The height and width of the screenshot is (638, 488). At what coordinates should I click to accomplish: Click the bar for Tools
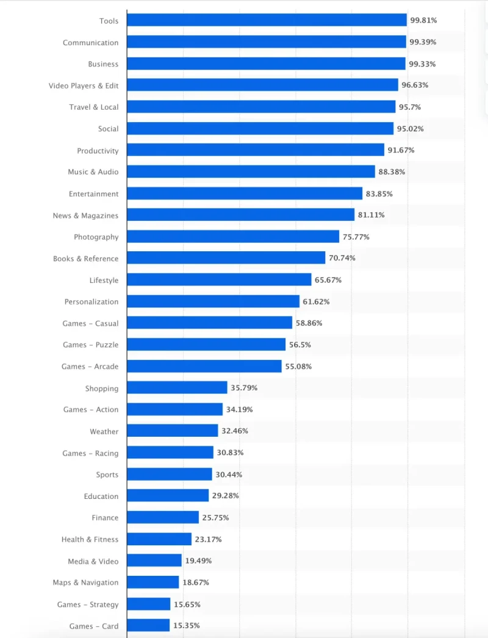point(267,21)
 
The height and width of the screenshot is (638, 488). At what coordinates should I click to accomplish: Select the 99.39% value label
point(423,42)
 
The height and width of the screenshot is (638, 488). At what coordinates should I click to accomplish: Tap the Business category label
point(103,64)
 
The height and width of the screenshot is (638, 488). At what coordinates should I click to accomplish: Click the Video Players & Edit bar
point(262,85)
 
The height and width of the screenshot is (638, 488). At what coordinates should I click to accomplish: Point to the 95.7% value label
point(410,107)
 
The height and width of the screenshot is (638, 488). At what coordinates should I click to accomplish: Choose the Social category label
point(109,129)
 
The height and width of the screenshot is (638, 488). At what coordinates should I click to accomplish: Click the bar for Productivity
point(256,150)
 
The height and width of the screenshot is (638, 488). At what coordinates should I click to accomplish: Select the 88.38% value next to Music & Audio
point(392,172)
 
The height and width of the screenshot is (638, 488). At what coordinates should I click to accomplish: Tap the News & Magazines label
point(85,215)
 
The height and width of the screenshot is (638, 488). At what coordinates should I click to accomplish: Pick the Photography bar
point(233,237)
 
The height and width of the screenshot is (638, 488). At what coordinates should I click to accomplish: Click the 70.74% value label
point(342,258)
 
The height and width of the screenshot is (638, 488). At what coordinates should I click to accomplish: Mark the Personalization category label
point(91,302)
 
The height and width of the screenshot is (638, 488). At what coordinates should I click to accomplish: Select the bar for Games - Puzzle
point(206,345)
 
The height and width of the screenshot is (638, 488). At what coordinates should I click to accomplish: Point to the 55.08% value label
point(298,367)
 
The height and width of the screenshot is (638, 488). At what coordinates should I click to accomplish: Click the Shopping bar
point(177,388)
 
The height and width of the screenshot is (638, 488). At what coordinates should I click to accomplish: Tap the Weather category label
point(104,431)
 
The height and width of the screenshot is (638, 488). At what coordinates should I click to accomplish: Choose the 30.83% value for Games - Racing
point(230,453)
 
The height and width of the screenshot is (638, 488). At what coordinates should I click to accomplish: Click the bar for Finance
point(163,518)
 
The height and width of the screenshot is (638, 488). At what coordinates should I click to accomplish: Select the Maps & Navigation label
point(85,582)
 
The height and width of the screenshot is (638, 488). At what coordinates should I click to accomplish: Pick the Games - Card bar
point(148,626)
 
